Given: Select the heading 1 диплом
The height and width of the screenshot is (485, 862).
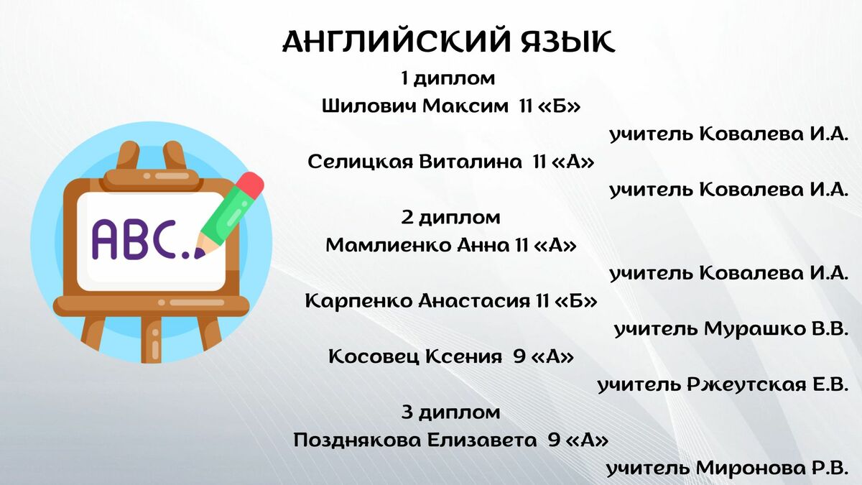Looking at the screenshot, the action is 448,78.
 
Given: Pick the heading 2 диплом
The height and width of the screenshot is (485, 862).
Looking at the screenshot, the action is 450,218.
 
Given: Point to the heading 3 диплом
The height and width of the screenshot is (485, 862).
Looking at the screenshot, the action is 450,412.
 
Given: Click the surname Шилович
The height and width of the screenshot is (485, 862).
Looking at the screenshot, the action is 369,106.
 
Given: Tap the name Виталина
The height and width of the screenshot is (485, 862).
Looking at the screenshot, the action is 471,162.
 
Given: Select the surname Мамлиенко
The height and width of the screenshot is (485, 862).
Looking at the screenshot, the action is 389,245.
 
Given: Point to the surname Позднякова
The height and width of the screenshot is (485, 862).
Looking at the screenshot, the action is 357,440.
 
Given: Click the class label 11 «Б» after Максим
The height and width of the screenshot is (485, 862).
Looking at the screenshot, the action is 550,106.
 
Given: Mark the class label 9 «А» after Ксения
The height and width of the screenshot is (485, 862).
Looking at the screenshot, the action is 543,357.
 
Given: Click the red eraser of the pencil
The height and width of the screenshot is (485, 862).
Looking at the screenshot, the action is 251,185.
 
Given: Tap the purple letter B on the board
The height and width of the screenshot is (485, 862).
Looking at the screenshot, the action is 136,239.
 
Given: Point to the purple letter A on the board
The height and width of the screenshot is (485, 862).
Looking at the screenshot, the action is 104,239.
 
